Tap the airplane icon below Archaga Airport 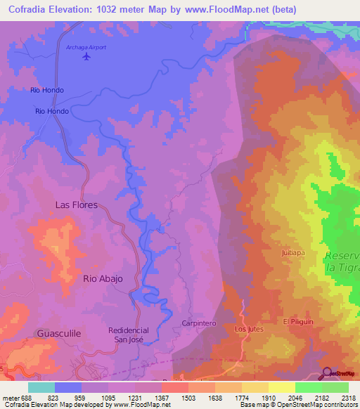tap(86, 57)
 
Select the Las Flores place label tap(77, 205)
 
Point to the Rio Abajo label tap(103, 279)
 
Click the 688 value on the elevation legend tap(20, 398)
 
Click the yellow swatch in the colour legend tap(281, 387)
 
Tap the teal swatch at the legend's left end tap(41, 387)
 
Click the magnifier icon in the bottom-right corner tap(326, 372)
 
